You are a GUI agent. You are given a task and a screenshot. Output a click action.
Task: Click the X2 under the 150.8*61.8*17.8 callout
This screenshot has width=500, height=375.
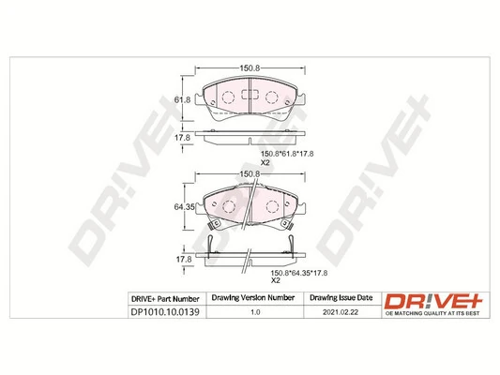pyautogui.click(x=265, y=163)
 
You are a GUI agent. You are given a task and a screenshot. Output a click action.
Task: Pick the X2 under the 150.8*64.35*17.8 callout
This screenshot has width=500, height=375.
pyautogui.click(x=276, y=281)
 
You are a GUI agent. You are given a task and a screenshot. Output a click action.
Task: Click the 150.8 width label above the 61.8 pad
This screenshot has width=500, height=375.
pyautogui.click(x=249, y=67)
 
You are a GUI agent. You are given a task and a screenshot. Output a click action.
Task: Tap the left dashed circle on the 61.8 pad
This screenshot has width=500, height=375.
pyautogui.click(x=227, y=97)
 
